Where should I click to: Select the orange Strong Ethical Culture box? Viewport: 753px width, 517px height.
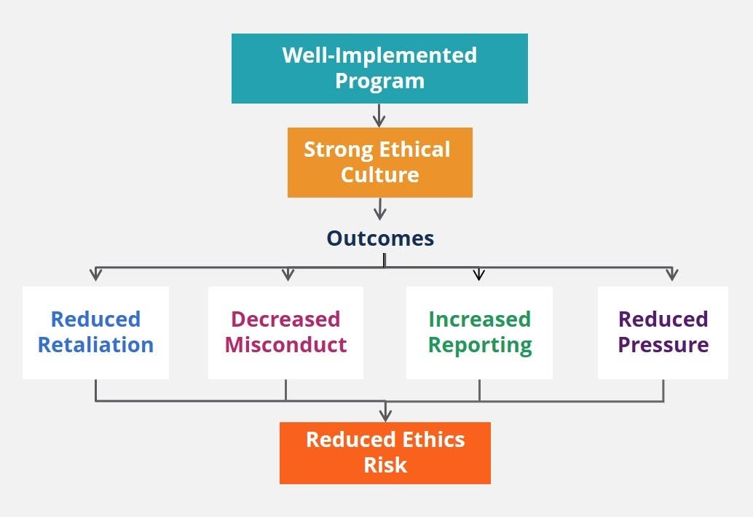[x=379, y=162]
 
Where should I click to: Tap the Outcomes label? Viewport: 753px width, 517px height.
[x=380, y=238]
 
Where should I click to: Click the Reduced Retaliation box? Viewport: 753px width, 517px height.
[x=95, y=332]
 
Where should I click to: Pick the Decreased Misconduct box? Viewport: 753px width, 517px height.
[x=285, y=332]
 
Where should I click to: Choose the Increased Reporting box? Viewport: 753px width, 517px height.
[x=479, y=332]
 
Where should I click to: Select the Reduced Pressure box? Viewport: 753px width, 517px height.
[x=663, y=332]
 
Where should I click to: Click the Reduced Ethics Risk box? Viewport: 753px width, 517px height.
[x=385, y=452]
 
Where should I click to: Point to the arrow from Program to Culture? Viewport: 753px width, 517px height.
[x=379, y=116]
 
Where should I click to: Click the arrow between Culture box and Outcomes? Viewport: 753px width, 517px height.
[x=379, y=209]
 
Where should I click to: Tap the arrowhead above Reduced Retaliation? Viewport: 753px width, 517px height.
[x=95, y=275]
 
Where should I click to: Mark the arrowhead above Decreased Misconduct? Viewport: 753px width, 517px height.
[x=287, y=275]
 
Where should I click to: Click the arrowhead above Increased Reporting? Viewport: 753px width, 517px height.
[x=478, y=275]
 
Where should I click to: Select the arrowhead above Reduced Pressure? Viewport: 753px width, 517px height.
[x=671, y=275]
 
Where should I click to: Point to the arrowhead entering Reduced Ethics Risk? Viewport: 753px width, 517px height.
[x=385, y=416]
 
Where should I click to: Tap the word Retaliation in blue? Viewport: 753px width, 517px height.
[x=95, y=344]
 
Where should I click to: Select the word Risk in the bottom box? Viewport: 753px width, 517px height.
[x=385, y=464]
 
